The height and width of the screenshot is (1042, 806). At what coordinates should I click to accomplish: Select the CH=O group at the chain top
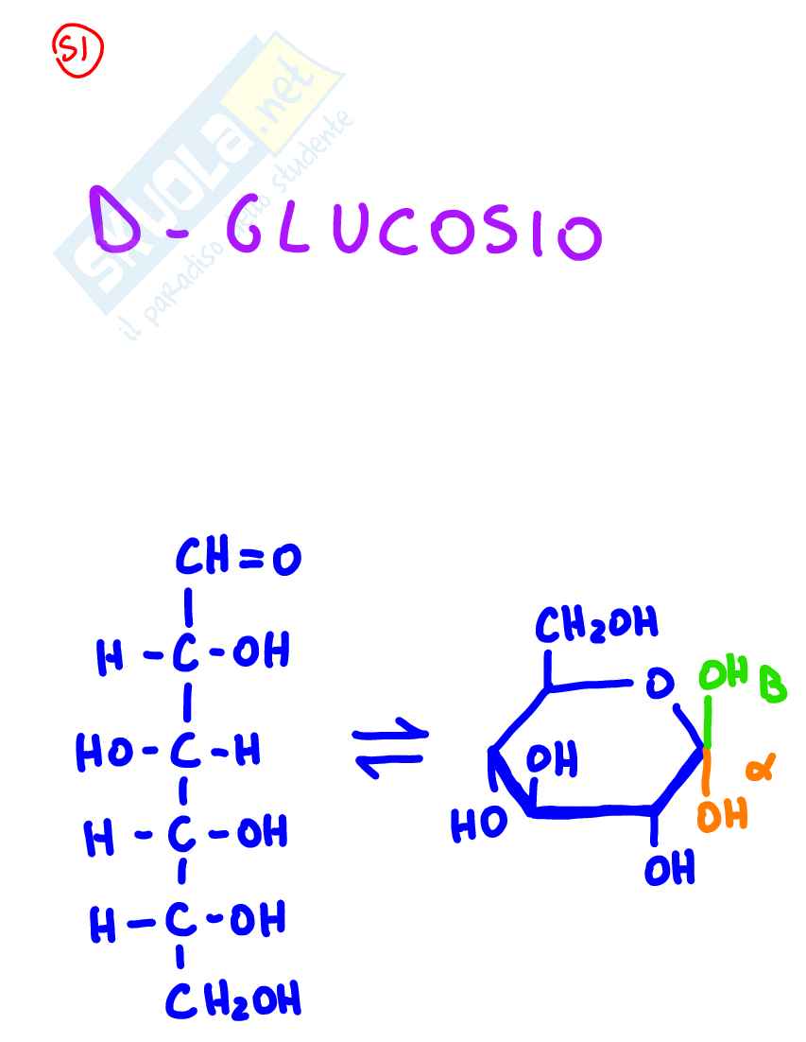pyautogui.click(x=238, y=559)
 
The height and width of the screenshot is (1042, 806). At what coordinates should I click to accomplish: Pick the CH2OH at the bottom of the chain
pyautogui.click(x=233, y=999)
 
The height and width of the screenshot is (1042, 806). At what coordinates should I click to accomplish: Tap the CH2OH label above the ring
pyautogui.click(x=596, y=624)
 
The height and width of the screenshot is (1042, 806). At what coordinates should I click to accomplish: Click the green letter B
pyautogui.click(x=773, y=684)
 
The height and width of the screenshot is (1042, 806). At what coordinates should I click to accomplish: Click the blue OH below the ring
pyautogui.click(x=669, y=868)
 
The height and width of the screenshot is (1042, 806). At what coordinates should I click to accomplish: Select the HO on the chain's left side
pyautogui.click(x=105, y=753)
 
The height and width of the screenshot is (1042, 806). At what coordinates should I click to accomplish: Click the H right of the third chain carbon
pyautogui.click(x=248, y=753)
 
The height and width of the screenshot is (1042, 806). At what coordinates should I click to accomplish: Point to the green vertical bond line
pyautogui.click(x=705, y=723)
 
